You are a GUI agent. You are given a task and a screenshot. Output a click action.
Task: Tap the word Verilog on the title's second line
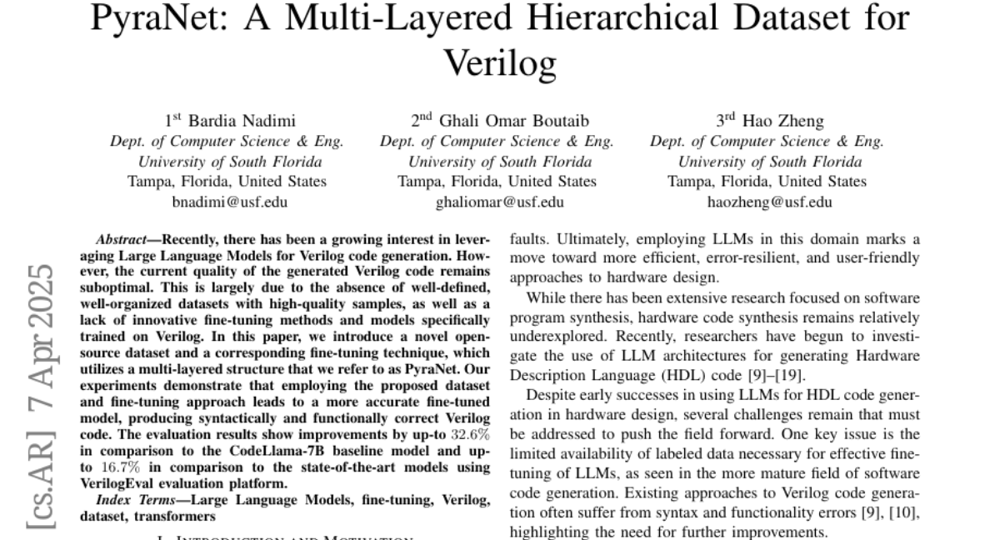tap(499, 60)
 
